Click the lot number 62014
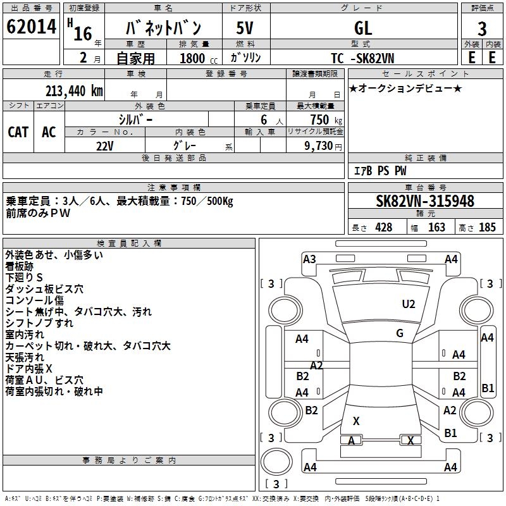(32, 28)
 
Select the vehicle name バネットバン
(164, 28)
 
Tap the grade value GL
(363, 28)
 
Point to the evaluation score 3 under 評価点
(482, 29)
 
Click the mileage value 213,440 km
(74, 90)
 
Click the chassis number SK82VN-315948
(425, 201)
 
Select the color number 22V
(104, 146)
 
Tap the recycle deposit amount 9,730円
(323, 146)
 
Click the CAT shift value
(18, 132)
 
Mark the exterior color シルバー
(135, 120)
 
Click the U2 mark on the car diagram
(409, 304)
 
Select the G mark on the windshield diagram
(400, 333)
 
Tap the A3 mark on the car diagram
(309, 259)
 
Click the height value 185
(487, 228)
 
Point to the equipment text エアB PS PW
(379, 171)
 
